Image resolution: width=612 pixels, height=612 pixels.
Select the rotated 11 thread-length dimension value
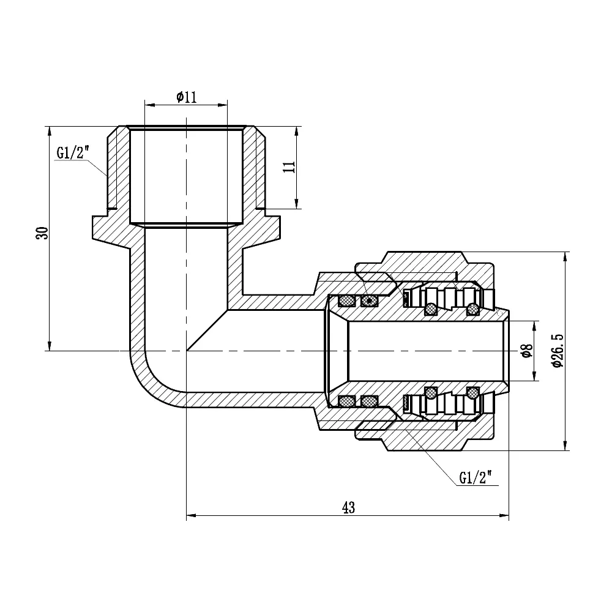[x=289, y=167]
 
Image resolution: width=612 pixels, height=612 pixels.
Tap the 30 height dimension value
[x=42, y=233]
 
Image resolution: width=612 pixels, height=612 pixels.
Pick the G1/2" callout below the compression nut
[x=475, y=478]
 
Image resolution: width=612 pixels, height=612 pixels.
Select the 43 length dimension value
[x=348, y=507]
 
